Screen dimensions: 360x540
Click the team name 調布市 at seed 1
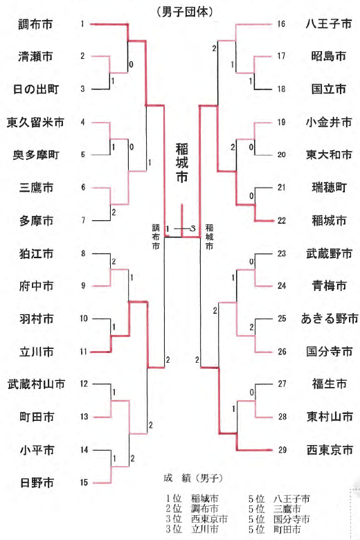pyautogui.click(x=35, y=24)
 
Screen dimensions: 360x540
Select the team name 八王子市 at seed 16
pyautogui.click(x=329, y=24)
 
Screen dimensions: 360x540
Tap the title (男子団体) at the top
pyautogui.click(x=184, y=12)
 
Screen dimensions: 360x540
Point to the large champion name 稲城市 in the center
pyautogui.click(x=182, y=163)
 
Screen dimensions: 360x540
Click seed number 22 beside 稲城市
pyautogui.click(x=282, y=220)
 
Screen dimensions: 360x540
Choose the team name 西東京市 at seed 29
pyautogui.click(x=330, y=450)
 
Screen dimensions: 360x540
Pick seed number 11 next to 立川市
pyautogui.click(x=83, y=352)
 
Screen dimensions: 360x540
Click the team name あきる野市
pyautogui.click(x=330, y=318)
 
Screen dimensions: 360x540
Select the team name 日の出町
pyautogui.click(x=36, y=89)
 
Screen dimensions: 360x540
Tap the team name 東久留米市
pyautogui.click(x=35, y=122)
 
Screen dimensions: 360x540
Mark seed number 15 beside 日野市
pyautogui.click(x=84, y=483)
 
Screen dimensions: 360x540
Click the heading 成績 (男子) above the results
pyautogui.click(x=193, y=478)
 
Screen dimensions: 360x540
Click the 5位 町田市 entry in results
pyautogui.click(x=275, y=529)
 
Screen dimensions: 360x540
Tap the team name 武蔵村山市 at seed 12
pyautogui.click(x=36, y=384)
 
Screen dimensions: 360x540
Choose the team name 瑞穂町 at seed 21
pyautogui.click(x=329, y=188)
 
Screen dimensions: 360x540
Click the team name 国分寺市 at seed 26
pyautogui.click(x=330, y=351)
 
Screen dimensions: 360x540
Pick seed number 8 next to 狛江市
pyautogui.click(x=83, y=253)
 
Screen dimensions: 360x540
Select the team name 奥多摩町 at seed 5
pyautogui.click(x=36, y=154)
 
